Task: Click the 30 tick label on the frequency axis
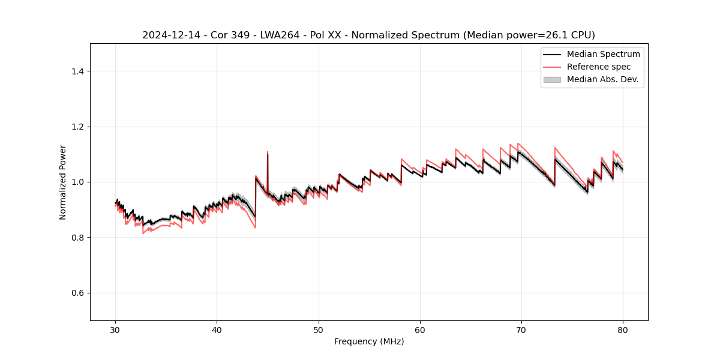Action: [116, 329]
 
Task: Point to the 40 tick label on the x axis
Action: [217, 329]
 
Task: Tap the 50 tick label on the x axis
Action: [319, 329]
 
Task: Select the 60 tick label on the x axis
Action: [420, 329]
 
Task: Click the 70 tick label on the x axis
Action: [521, 329]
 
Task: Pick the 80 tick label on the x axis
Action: [623, 329]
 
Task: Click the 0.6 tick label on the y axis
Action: [77, 293]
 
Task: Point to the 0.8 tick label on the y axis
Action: [77, 238]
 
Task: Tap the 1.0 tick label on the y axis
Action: [77, 182]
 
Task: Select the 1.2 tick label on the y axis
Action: [77, 127]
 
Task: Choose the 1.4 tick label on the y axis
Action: [77, 71]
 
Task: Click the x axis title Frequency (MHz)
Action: [369, 341]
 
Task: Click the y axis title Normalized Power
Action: [63, 182]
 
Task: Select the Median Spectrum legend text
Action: [603, 54]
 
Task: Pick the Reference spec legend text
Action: [599, 67]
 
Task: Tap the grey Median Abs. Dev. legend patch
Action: [551, 79]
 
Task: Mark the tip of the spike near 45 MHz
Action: [268, 152]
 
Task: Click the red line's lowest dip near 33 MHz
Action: [143, 233]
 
